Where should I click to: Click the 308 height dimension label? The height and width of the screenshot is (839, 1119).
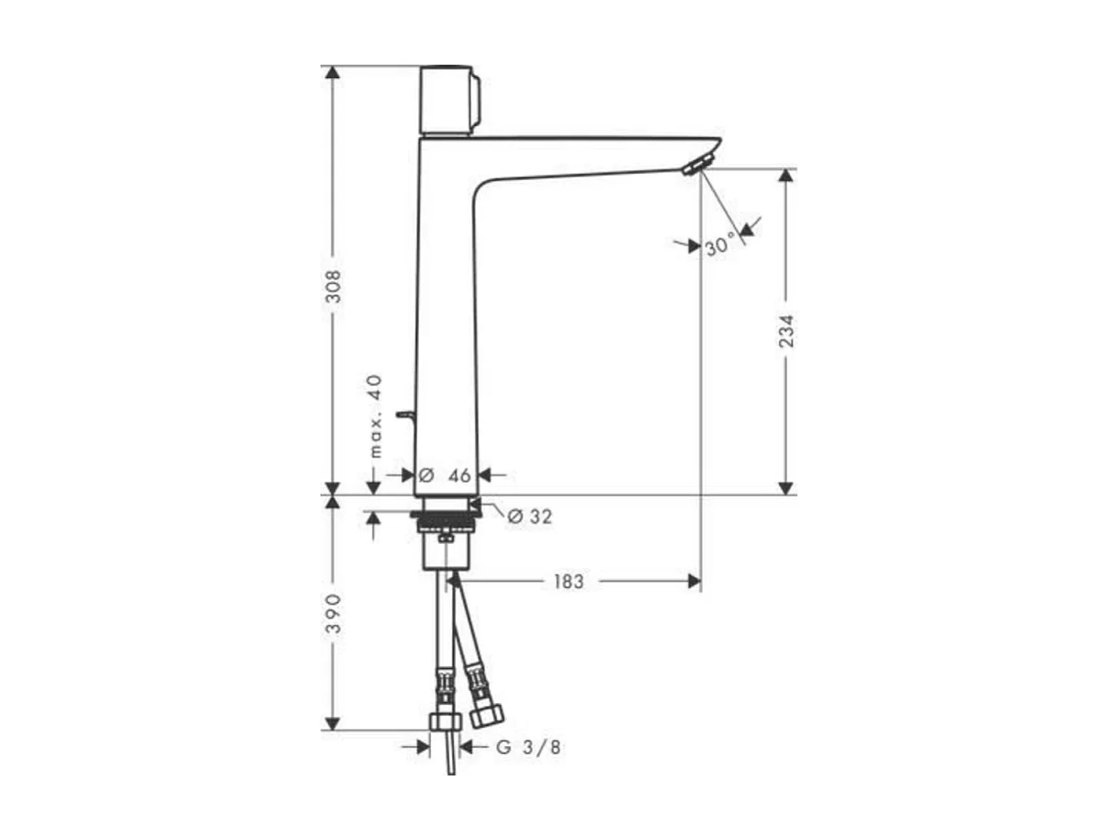coord(333,288)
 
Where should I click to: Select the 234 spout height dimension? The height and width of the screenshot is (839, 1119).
coord(786,331)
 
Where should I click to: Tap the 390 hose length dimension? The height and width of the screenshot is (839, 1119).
coord(333,613)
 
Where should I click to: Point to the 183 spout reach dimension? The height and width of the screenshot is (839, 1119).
coord(568,582)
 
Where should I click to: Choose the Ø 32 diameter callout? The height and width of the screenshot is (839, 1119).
coord(530,516)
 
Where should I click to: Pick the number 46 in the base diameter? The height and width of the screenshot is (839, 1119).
coord(458,475)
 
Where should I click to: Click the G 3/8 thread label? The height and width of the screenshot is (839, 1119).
coord(529,747)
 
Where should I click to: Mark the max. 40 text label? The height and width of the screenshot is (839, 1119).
coord(376,416)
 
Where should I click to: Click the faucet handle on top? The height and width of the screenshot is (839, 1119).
coord(448,99)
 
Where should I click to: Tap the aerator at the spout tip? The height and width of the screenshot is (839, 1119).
coord(696,165)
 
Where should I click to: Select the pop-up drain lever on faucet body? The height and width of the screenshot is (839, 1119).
coord(405,416)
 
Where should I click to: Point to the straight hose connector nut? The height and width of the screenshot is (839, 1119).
coord(445,720)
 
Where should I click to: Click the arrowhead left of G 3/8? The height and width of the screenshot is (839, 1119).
coord(423,747)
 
